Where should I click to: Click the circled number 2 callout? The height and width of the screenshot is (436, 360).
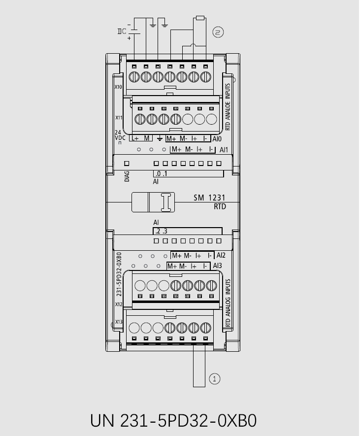click(x=218, y=32)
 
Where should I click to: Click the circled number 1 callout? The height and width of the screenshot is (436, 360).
click(x=214, y=379)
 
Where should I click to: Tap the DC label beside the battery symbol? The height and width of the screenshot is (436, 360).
click(x=122, y=32)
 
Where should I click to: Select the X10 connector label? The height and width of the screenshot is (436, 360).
click(x=118, y=87)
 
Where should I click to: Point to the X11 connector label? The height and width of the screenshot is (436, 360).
click(x=119, y=118)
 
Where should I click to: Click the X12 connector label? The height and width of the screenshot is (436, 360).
click(x=119, y=304)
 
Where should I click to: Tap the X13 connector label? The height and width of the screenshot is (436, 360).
click(x=119, y=322)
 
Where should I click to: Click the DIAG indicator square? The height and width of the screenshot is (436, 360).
click(x=127, y=164)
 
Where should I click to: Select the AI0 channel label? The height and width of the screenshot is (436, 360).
click(x=217, y=139)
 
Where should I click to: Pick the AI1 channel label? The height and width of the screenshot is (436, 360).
click(x=224, y=150)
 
